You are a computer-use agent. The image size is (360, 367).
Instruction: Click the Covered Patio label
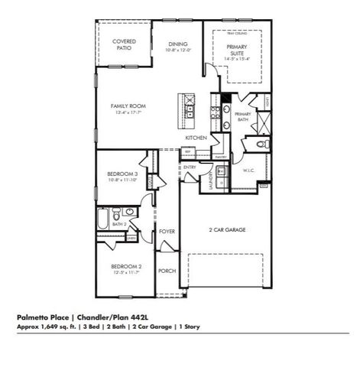(124, 44)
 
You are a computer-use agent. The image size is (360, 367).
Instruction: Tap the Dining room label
(177, 44)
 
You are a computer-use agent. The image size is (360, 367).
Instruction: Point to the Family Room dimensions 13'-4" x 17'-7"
(128, 112)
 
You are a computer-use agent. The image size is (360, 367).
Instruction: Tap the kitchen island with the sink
(186, 110)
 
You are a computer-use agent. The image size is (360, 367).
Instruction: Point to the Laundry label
(209, 180)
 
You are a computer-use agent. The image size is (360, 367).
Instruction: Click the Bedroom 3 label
(122, 174)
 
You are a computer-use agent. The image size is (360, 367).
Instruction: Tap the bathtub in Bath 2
(103, 222)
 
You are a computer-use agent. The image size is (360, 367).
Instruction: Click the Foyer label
(167, 231)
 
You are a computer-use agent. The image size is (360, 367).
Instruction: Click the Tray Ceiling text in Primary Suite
(237, 34)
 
